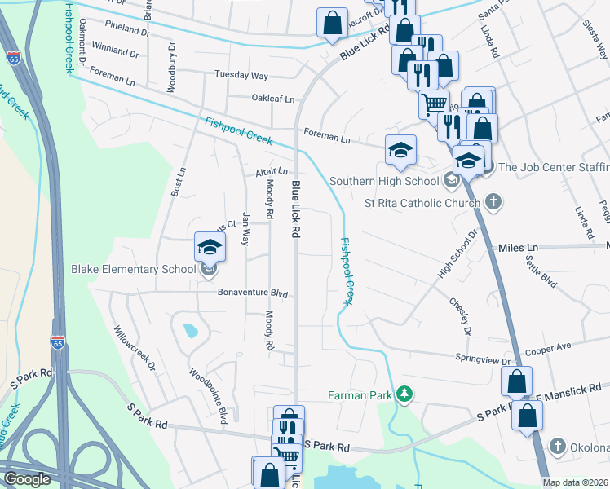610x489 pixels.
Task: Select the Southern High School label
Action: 385,181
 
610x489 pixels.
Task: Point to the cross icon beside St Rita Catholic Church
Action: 493,200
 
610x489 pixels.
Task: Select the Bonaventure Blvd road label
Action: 253,293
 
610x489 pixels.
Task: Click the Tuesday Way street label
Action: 241,75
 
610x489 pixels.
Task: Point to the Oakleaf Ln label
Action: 272,98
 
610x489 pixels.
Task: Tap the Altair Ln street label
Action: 272,171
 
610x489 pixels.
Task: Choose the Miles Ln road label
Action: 519,246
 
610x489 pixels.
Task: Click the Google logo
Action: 27,479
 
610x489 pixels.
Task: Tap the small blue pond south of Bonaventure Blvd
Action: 190,331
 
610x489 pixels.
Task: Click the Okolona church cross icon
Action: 558,446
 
